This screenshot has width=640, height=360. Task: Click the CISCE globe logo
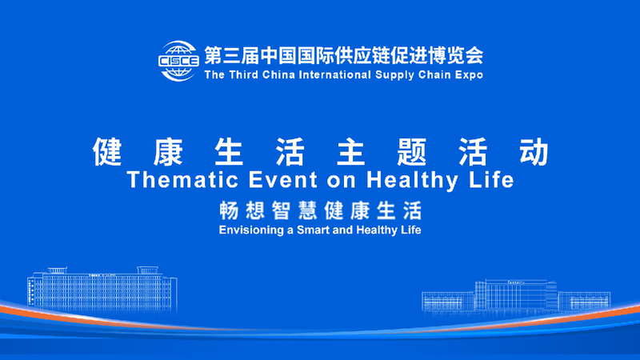[x=178, y=61]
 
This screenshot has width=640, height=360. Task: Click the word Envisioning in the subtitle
[x=250, y=230]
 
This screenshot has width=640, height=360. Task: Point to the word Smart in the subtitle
[x=318, y=230]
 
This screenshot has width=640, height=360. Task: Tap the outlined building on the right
[x=516, y=295]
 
